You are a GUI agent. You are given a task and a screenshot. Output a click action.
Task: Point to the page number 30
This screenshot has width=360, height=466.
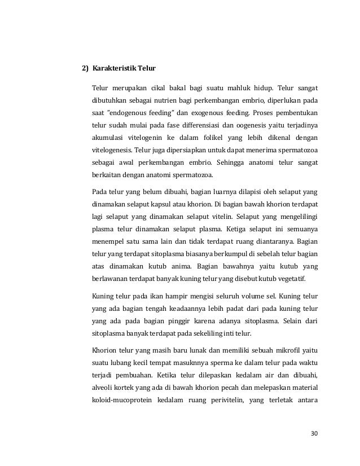coord(314,434)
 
